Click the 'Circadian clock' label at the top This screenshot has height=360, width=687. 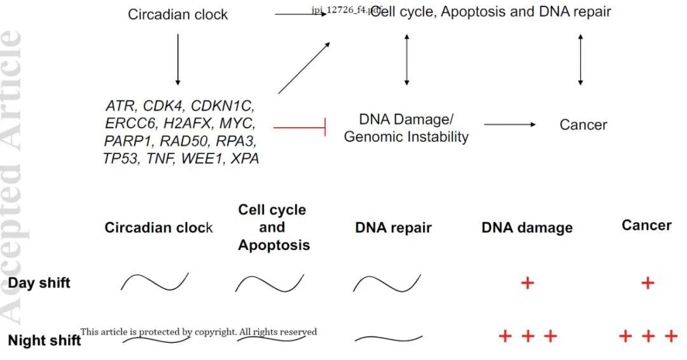pyautogui.click(x=177, y=14)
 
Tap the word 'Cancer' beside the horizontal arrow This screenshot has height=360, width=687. pyautogui.click(x=583, y=125)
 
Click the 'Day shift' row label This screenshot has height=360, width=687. pyautogui.click(x=39, y=283)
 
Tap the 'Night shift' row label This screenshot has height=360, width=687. pyautogui.click(x=45, y=340)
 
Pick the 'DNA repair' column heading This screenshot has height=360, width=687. pyautogui.click(x=393, y=227)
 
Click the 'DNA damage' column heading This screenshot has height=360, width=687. pyautogui.click(x=527, y=228)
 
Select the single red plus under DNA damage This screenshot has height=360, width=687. pyautogui.click(x=527, y=282)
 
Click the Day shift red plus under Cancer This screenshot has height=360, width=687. pyautogui.click(x=647, y=282)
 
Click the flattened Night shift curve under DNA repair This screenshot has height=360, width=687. pyautogui.click(x=388, y=338)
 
